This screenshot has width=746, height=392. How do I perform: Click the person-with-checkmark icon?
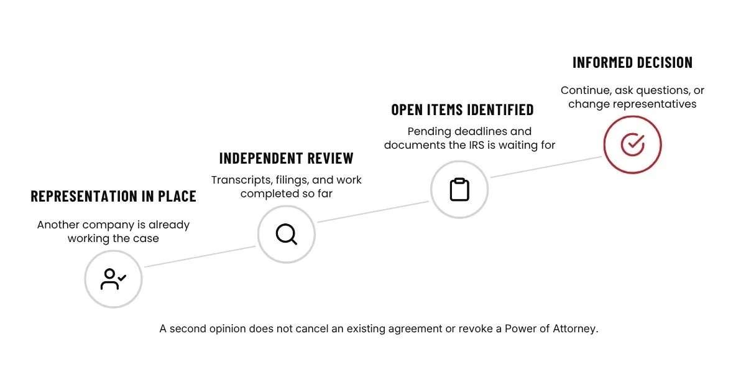coord(113,279)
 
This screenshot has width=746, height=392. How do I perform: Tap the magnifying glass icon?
coord(287,235)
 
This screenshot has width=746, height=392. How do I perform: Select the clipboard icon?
coord(459,190)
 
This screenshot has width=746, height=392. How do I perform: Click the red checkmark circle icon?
coord(632,144)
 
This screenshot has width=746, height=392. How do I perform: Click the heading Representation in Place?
coord(114,196)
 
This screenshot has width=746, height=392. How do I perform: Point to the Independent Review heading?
coord(287,158)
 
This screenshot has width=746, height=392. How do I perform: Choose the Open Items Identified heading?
coord(463,110)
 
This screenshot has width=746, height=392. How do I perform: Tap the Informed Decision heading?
coord(632,62)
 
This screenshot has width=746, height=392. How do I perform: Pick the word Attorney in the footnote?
coord(576,329)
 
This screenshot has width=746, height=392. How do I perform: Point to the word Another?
coord(58,225)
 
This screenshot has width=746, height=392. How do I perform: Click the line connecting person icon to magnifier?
coord(200,256)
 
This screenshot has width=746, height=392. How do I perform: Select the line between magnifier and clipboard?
coord(373,212)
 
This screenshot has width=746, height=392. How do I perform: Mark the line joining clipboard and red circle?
coord(546,167)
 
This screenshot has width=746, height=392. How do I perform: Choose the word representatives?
coord(655,105)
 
